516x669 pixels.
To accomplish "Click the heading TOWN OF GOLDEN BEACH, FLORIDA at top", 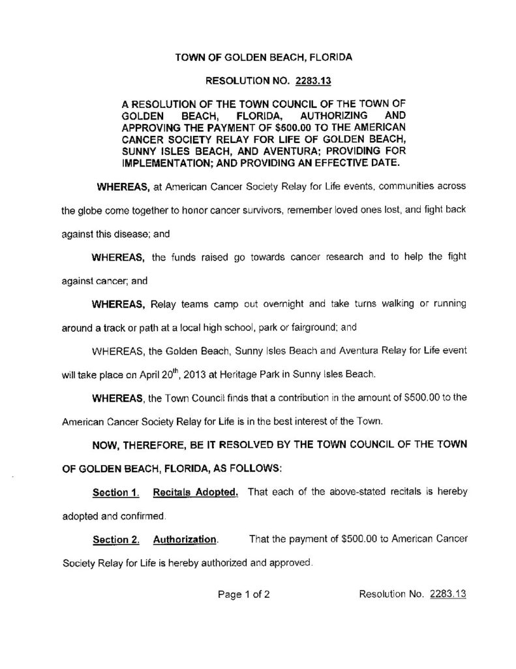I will click(x=264, y=57).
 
